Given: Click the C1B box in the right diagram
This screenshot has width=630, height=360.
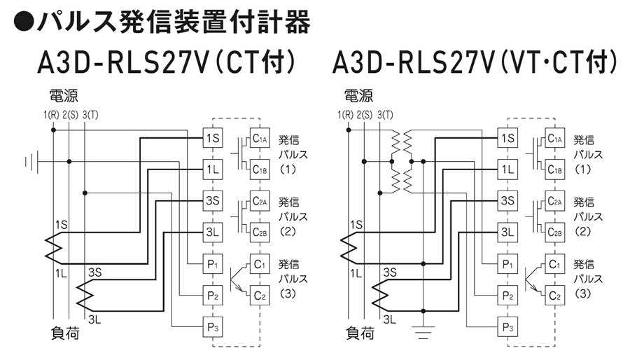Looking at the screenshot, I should [556, 169].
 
